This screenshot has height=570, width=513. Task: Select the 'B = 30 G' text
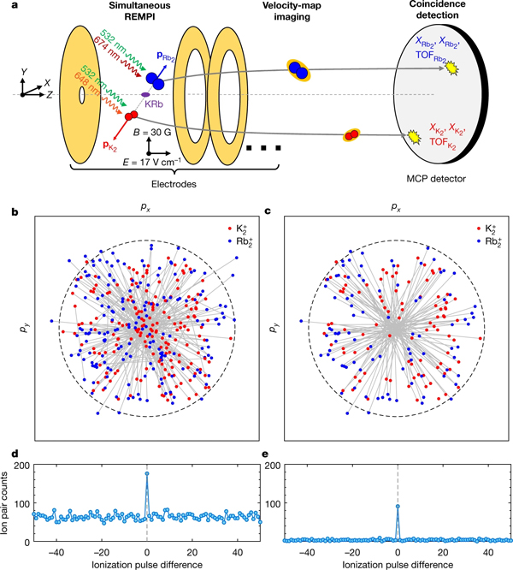[159, 132]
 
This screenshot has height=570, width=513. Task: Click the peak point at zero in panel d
[147, 473]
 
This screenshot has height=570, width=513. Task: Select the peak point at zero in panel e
[397, 506]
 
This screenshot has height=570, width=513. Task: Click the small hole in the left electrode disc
[81, 95]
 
